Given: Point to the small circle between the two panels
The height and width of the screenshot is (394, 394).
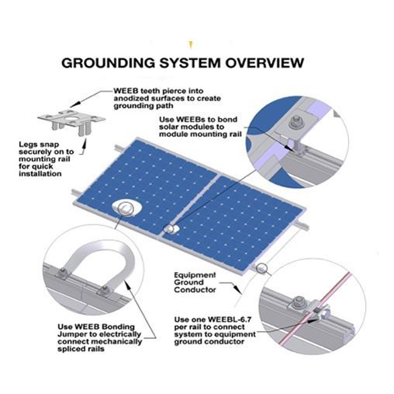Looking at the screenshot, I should [171, 229].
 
